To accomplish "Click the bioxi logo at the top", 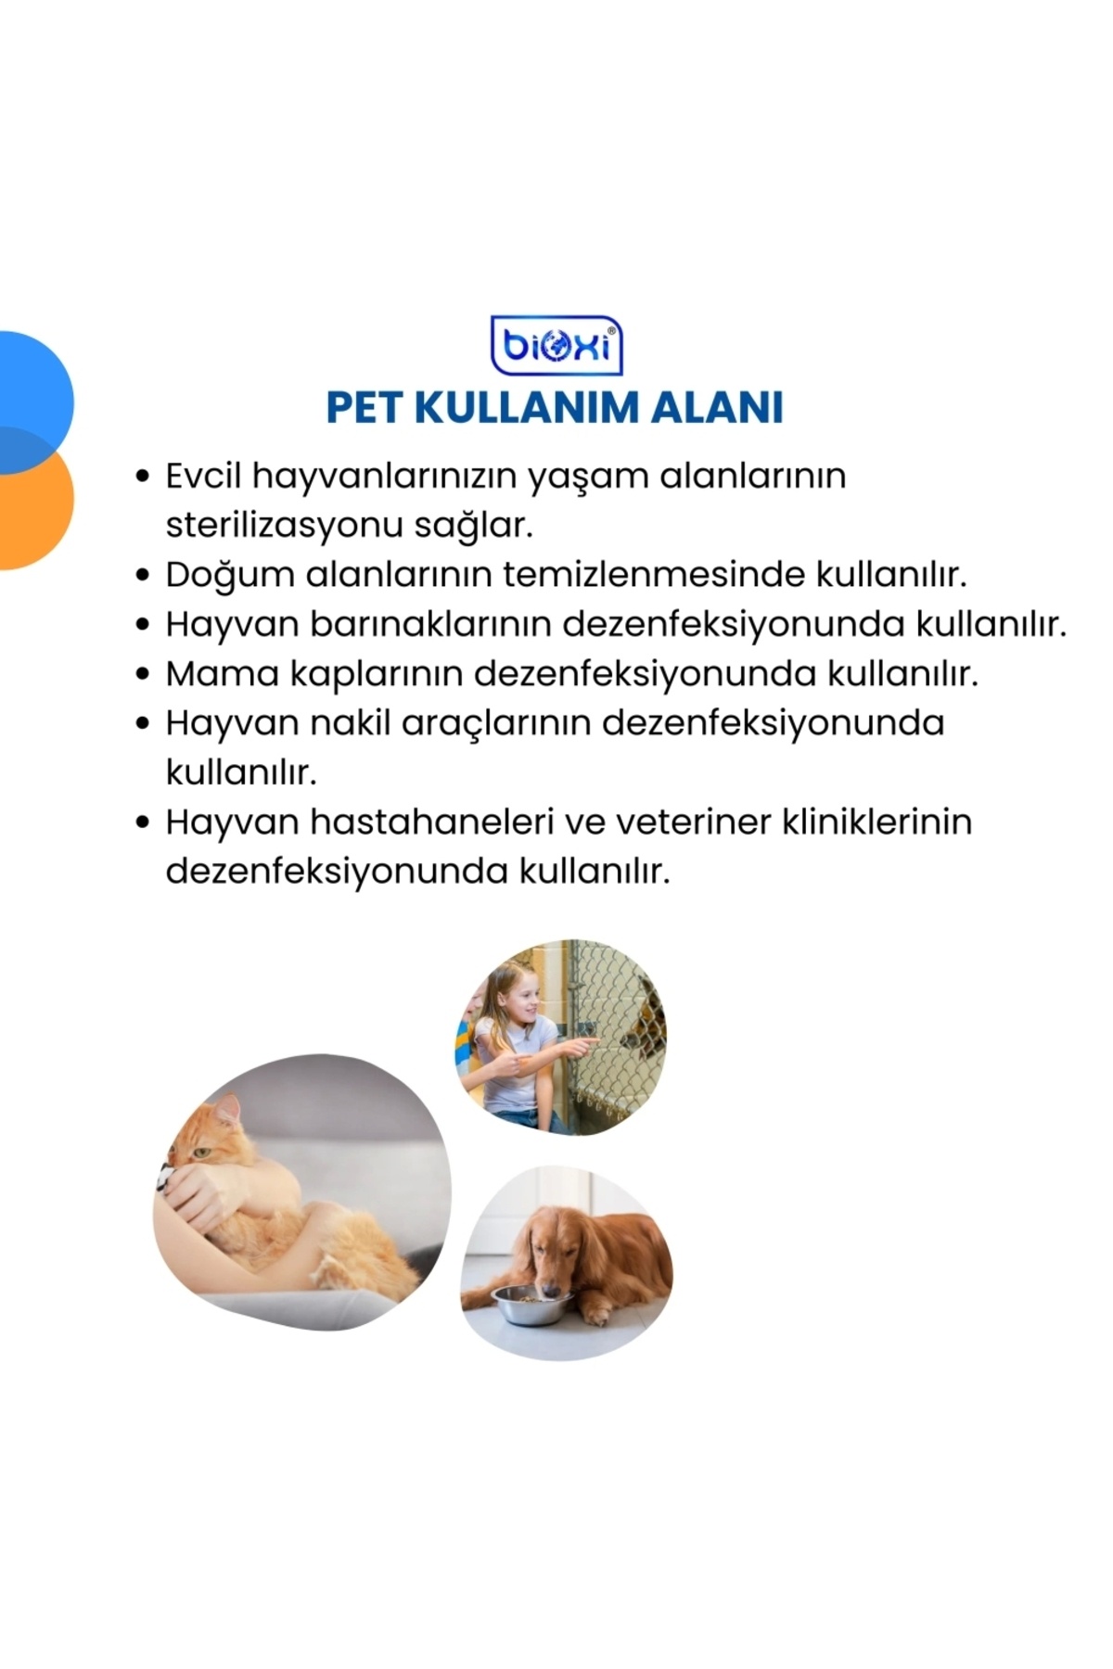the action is [556, 345].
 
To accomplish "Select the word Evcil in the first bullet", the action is [203, 477].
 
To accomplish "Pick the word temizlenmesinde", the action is [654, 575].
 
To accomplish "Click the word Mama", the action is [223, 674].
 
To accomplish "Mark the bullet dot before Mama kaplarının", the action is [143, 674].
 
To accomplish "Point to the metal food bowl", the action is [530, 1303].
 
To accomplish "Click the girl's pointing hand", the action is [581, 1045].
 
